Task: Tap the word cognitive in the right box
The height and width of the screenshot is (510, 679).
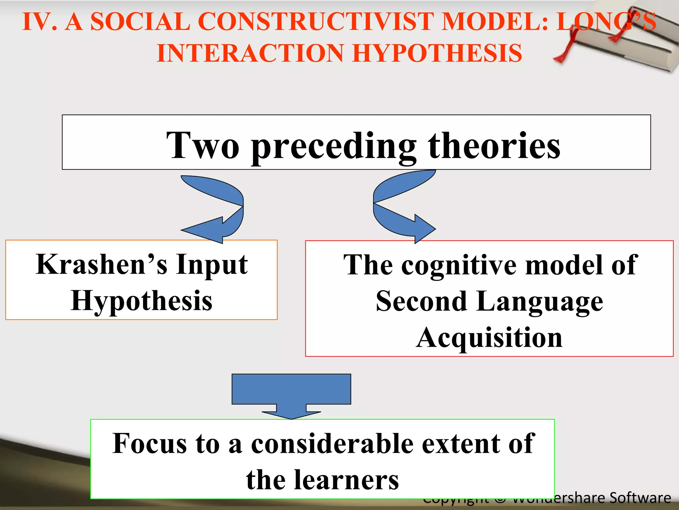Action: coord(459,266)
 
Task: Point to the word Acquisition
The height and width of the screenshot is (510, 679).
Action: coord(489,337)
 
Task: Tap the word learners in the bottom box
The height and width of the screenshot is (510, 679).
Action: coord(346,480)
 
